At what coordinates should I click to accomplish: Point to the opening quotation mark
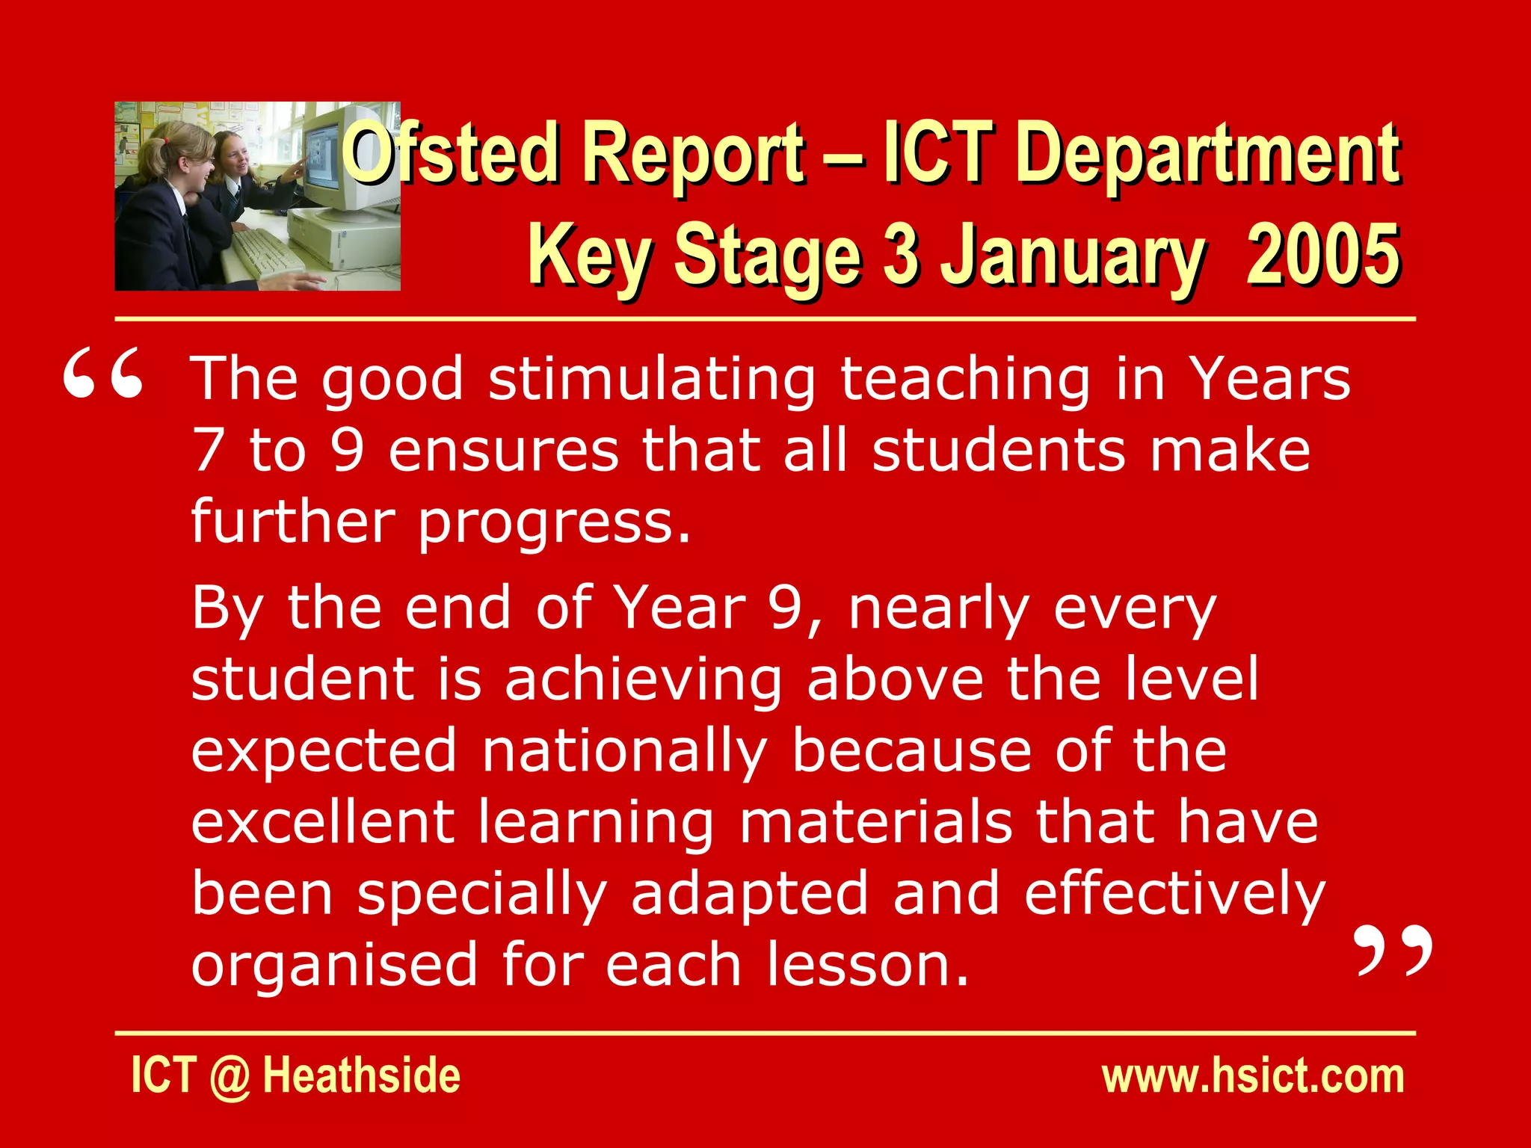click(102, 374)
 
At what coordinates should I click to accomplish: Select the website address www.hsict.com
click(1253, 1076)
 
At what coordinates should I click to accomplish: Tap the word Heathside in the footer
click(362, 1076)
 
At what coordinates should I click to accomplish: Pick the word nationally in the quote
click(625, 752)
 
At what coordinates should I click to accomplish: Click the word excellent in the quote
click(323, 822)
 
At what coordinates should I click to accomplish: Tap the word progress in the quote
click(553, 523)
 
